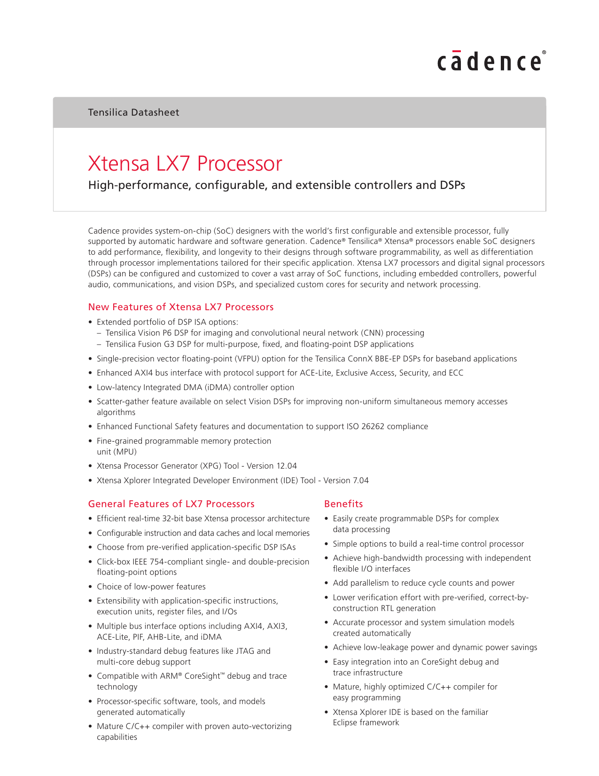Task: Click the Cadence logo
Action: (x=491, y=62)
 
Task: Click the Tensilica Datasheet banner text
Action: (x=133, y=112)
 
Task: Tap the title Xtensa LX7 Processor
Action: (x=185, y=164)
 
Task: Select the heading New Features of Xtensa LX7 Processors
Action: (x=181, y=307)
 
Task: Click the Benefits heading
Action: (x=343, y=504)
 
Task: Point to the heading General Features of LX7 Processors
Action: (x=171, y=504)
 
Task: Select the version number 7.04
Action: (x=360, y=480)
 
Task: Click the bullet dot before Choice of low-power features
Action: (x=91, y=587)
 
